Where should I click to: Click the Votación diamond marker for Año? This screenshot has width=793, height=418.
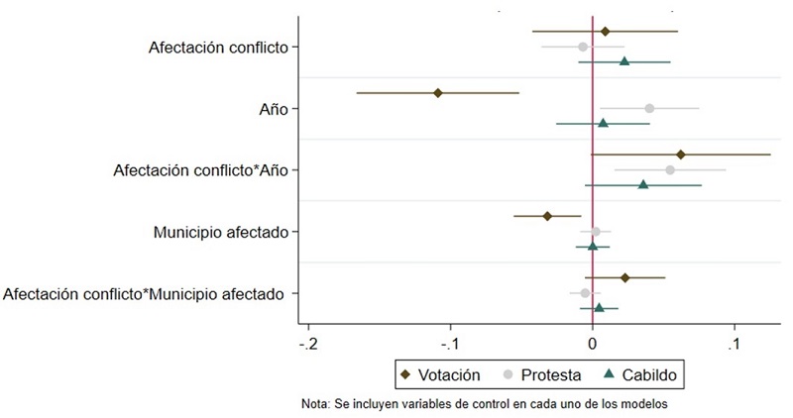[x=437, y=93]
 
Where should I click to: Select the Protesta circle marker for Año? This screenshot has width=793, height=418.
[x=649, y=108]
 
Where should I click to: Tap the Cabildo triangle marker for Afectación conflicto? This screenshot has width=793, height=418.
[x=624, y=61]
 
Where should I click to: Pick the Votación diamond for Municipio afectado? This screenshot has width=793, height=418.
[x=547, y=216]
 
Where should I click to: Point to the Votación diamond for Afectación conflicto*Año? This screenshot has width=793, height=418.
[x=681, y=155]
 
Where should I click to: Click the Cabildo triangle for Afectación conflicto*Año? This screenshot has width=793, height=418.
[x=643, y=184]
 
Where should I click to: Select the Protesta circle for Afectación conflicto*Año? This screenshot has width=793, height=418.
[x=670, y=170]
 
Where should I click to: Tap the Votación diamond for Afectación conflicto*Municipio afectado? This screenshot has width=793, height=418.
[x=624, y=278]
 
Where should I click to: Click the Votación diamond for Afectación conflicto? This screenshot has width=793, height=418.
[x=605, y=32]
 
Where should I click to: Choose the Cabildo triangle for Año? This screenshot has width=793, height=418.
[x=603, y=123]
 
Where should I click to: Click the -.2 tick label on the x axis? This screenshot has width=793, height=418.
[x=309, y=345]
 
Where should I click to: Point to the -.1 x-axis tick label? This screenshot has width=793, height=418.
[x=451, y=345]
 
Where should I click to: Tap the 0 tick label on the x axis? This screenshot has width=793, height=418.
[x=593, y=345]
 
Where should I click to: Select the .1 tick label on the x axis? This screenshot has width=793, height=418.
[x=734, y=345]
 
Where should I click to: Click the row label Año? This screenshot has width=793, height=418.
[x=273, y=109]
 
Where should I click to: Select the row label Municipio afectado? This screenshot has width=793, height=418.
[x=220, y=233]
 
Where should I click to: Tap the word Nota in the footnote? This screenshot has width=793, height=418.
[x=318, y=404]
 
